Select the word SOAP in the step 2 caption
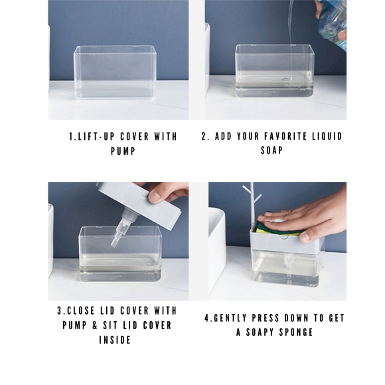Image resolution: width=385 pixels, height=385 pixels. click(271, 151)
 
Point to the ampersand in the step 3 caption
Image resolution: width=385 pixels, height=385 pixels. click(95, 325)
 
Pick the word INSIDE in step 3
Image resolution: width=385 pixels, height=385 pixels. click(115, 341)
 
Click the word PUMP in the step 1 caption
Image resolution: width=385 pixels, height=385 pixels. click(123, 151)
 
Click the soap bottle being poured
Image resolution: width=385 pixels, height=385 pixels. click(332, 23)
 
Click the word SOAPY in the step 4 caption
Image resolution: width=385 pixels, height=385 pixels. click(260, 333)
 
